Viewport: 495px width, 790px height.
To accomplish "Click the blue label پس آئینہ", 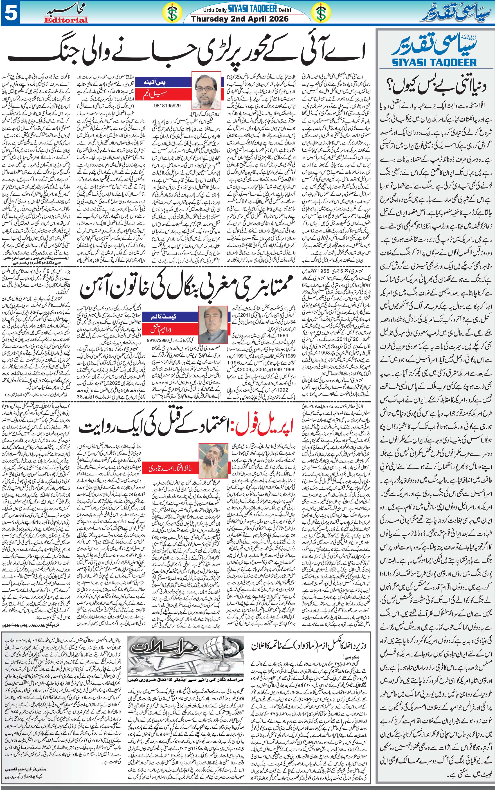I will (158, 83).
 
